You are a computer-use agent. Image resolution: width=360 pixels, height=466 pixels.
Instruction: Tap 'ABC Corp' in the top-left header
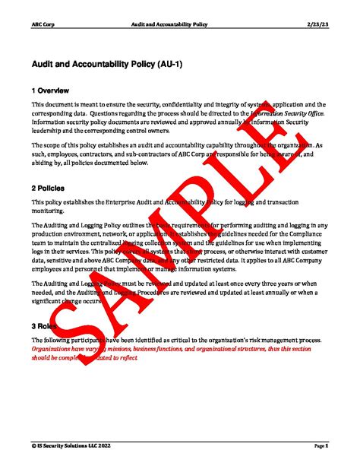(x=41, y=24)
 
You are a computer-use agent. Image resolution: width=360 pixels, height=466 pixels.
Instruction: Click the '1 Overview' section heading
(x=51, y=90)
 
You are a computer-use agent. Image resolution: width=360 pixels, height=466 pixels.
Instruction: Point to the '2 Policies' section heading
(x=49, y=186)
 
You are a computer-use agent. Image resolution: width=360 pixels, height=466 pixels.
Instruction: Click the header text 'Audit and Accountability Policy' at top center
(x=179, y=24)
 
